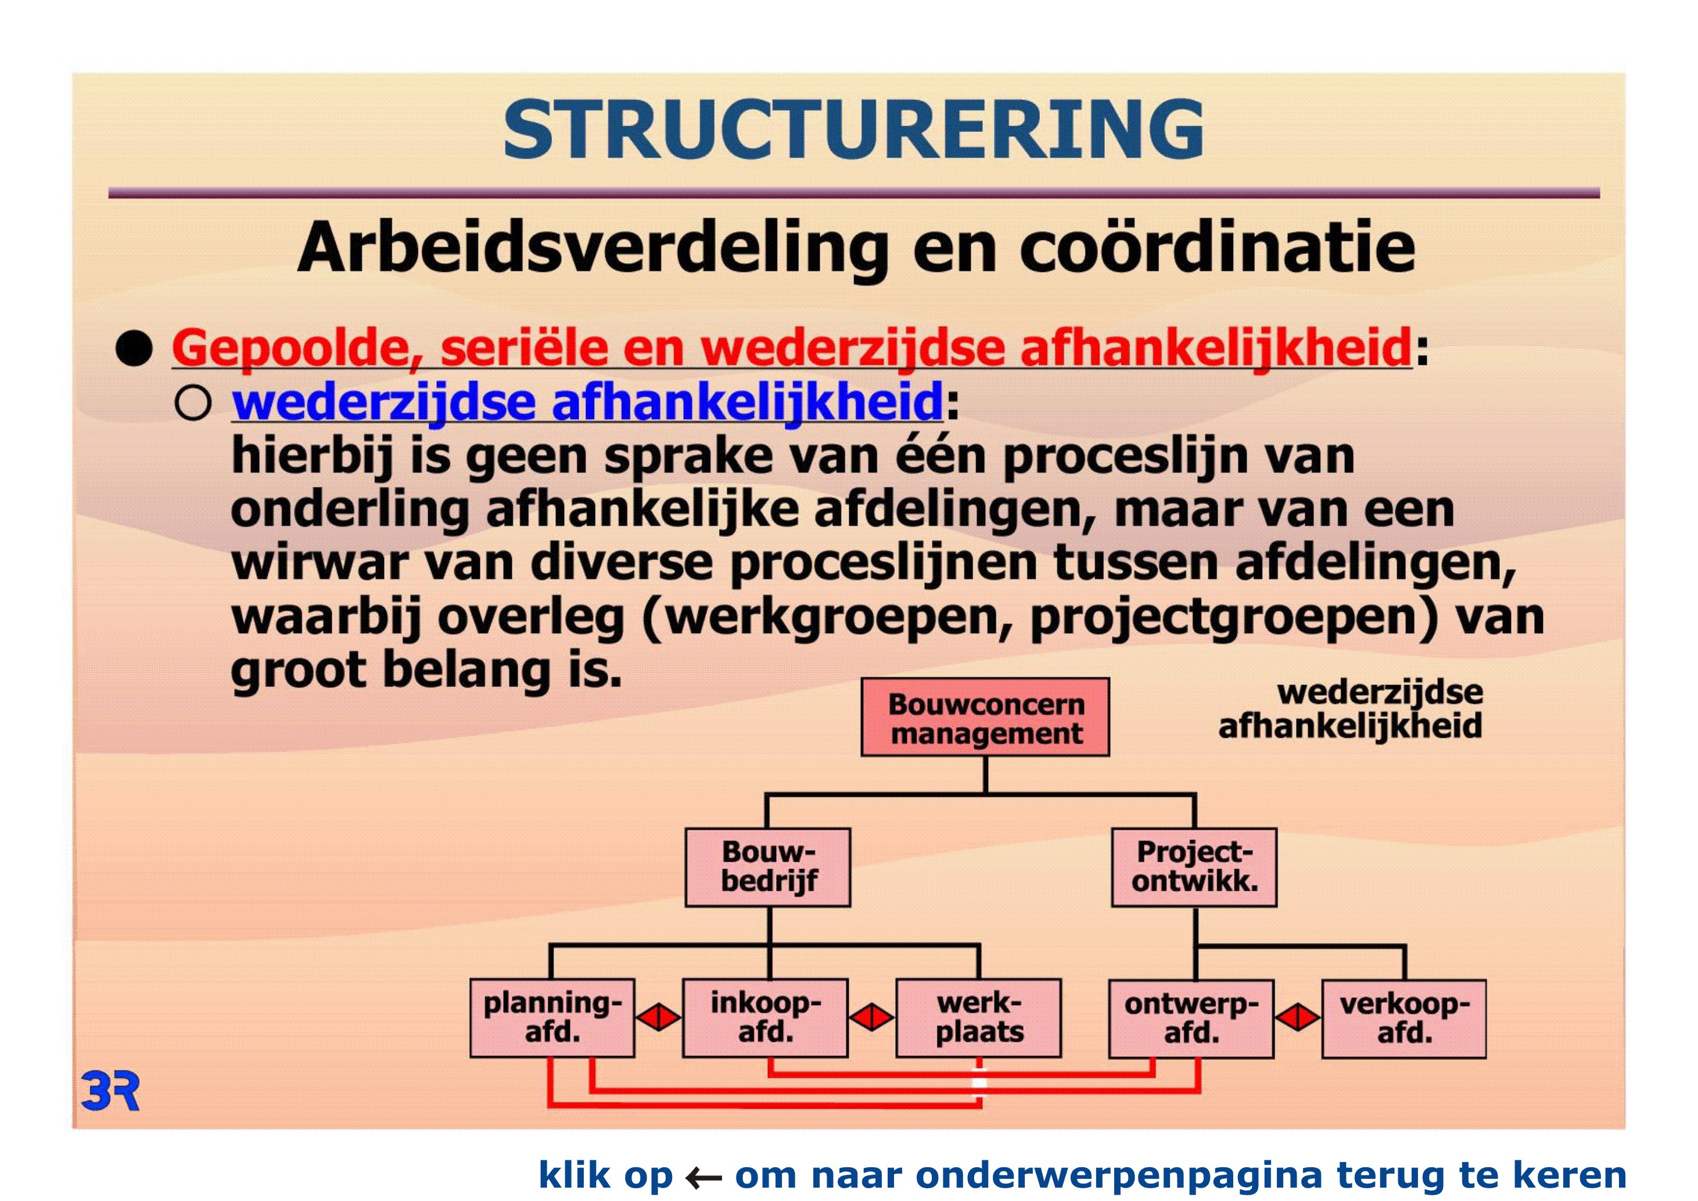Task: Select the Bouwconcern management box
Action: [985, 718]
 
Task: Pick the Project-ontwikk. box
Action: [1194, 867]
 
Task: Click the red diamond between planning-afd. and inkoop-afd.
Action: [659, 1017]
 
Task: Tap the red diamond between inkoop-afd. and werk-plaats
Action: [872, 1017]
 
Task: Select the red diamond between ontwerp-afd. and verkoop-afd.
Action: [1298, 1017]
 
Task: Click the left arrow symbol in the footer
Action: [703, 1177]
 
